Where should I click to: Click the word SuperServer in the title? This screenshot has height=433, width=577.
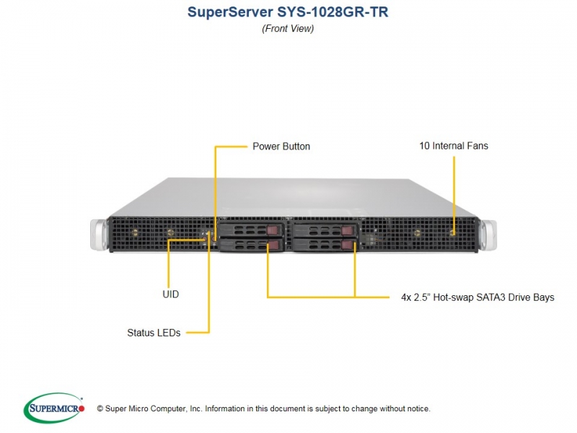[230, 12]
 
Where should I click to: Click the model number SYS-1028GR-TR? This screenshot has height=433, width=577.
[332, 12]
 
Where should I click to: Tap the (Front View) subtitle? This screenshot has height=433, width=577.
[288, 28]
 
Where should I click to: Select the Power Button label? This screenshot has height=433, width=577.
[281, 146]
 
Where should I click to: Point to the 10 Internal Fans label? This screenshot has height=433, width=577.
[454, 146]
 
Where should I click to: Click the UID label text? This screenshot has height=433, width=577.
[171, 294]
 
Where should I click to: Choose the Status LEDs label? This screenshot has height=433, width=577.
[154, 333]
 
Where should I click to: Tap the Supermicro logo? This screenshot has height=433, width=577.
[53, 408]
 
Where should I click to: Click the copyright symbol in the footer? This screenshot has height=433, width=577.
[100, 408]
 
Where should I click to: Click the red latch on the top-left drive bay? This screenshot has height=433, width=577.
[273, 230]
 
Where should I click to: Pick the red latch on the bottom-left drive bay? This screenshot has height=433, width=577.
[274, 245]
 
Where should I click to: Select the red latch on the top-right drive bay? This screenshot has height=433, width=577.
[348, 230]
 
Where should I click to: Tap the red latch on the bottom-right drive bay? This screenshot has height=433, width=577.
[348, 245]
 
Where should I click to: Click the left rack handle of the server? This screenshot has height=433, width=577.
[99, 234]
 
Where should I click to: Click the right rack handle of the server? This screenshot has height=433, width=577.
[488, 235]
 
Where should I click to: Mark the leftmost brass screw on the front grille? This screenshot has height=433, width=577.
[135, 232]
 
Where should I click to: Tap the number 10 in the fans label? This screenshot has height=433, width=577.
[424, 146]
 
